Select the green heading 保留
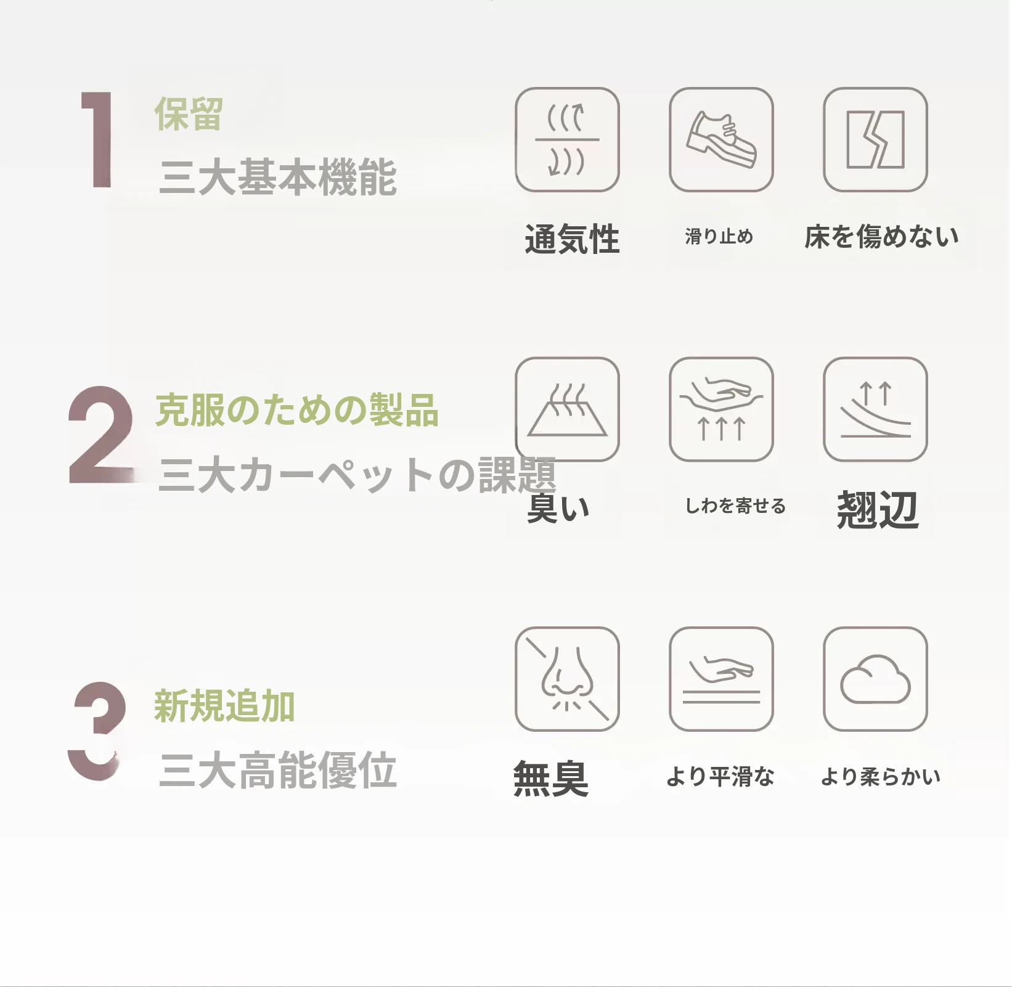point(188,114)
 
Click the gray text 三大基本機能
point(278,177)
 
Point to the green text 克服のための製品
point(297,410)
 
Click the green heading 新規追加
point(224,706)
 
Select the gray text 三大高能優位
point(278,770)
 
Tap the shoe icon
point(721,139)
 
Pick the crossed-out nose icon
point(567,679)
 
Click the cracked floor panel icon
point(875,139)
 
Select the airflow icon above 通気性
point(567,139)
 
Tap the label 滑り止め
point(719,236)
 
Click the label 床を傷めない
point(881,237)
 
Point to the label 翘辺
point(878,510)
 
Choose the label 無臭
point(551,779)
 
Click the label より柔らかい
point(881,777)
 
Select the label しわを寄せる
point(736,506)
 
